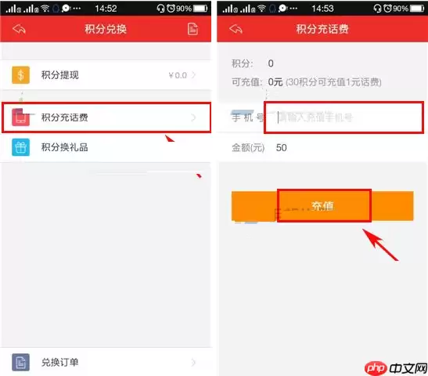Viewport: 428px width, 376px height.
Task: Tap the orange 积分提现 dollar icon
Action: [21, 75]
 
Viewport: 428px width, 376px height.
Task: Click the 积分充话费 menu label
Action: [65, 118]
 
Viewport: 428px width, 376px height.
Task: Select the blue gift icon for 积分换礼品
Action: [21, 146]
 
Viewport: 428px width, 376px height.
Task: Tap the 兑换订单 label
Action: [59, 363]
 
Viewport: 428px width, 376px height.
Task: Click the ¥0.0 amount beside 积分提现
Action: [177, 75]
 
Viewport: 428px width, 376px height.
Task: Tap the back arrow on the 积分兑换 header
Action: [20, 29]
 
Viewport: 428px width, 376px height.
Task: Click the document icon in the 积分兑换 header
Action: [192, 29]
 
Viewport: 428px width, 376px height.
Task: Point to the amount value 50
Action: [282, 147]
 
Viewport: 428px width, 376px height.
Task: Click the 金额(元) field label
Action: [248, 147]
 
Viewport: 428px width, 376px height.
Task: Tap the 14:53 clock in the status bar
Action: [322, 8]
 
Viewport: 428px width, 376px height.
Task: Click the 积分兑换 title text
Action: [106, 29]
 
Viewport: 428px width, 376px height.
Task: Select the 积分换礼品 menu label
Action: [65, 146]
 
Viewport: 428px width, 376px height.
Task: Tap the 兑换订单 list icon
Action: [21, 363]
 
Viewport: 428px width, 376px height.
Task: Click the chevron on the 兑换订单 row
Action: [193, 363]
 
